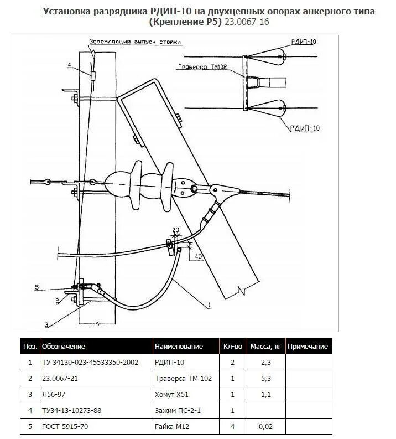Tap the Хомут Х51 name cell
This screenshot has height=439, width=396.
coord(169,395)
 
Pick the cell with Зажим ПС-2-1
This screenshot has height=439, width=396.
coord(178,411)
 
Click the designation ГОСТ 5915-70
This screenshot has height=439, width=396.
coord(65,427)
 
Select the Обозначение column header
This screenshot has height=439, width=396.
coord(63,347)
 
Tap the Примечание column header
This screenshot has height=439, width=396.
coord(308,347)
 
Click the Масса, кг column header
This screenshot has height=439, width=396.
coord(266,347)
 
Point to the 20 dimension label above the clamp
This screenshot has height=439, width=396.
coord(176,229)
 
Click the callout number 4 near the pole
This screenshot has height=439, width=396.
coord(69,65)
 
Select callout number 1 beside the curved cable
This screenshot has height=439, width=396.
coord(210,305)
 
